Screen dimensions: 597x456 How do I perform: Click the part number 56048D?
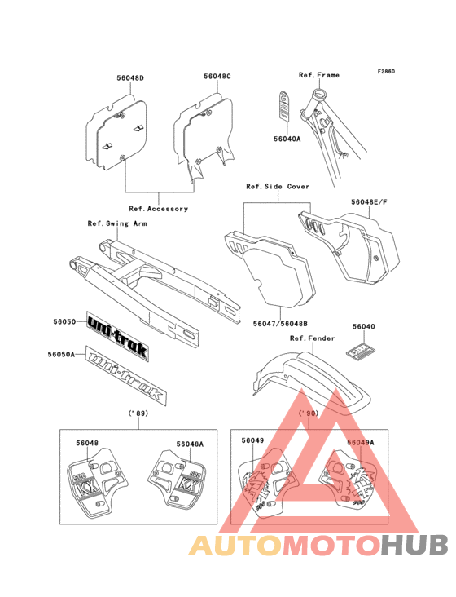[129, 77]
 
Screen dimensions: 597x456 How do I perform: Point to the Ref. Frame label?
[319, 75]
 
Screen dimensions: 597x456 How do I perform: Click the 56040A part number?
[287, 139]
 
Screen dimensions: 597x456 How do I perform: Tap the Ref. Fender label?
[309, 337]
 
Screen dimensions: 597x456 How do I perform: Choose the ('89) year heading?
[140, 414]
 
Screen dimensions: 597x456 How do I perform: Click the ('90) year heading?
[309, 414]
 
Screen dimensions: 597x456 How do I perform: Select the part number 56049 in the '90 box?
[252, 441]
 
